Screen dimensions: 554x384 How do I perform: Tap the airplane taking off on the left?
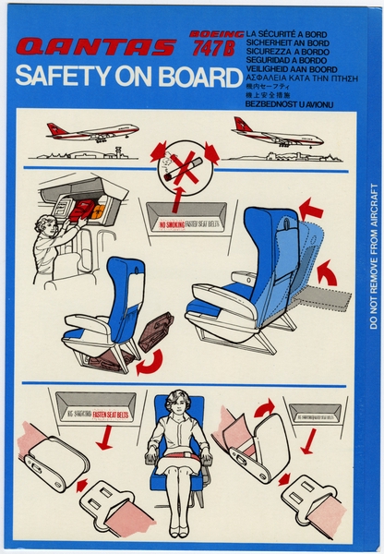click(92, 131)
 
